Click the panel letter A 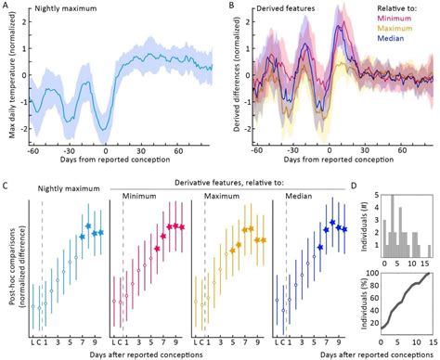[x=5, y=6]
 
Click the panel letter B [x=230, y=6]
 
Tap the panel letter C [x=5, y=186]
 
